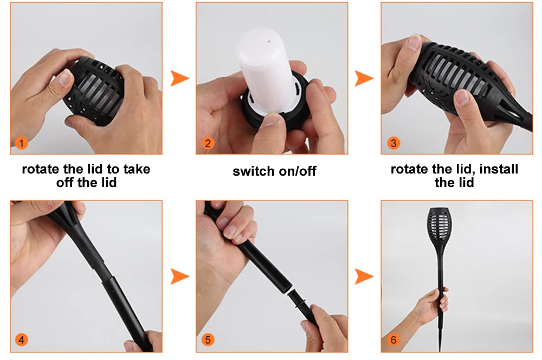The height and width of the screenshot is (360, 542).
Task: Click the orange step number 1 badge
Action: (x=22, y=143)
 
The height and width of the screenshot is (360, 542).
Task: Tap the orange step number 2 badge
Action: (x=208, y=143)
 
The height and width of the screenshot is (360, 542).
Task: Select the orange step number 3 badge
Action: (x=393, y=143)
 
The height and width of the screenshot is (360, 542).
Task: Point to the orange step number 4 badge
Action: (x=22, y=339)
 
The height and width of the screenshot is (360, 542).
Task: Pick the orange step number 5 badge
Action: (x=208, y=339)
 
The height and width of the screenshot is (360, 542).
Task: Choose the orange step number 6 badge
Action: (x=393, y=339)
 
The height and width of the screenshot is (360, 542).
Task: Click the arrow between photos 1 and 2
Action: (x=180, y=78)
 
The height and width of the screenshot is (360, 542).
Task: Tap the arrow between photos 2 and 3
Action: (x=364, y=78)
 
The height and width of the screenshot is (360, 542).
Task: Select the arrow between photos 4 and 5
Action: (x=180, y=277)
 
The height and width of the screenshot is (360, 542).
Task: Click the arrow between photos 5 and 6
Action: (x=364, y=277)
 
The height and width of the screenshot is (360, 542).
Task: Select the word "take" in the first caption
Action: (x=137, y=169)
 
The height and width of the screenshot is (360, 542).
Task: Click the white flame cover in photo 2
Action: (x=266, y=69)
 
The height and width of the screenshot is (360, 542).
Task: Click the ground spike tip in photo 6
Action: (x=440, y=350)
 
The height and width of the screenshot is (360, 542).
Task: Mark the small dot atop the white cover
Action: (x=269, y=41)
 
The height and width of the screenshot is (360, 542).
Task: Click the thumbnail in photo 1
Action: (x=65, y=78)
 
